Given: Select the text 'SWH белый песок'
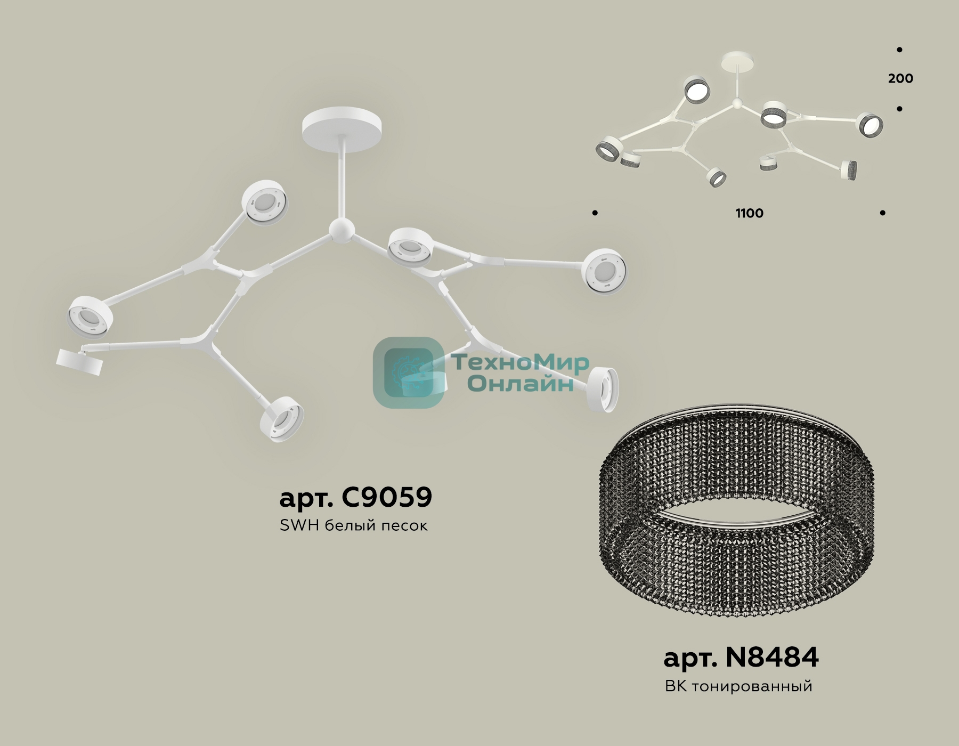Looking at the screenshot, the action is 353,525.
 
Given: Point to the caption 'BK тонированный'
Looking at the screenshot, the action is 738,686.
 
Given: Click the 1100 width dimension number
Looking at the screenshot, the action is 750,213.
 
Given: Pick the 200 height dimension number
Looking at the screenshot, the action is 900,78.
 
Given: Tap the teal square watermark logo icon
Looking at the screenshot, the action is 408,372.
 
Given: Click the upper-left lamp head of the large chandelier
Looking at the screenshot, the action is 265,202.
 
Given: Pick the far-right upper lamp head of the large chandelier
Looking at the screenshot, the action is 604,272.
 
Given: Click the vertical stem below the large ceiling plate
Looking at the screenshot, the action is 342,178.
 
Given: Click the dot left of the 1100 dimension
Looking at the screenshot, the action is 595,213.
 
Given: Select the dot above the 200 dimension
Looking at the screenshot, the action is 899,50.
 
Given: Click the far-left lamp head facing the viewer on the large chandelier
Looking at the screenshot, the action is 90,316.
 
